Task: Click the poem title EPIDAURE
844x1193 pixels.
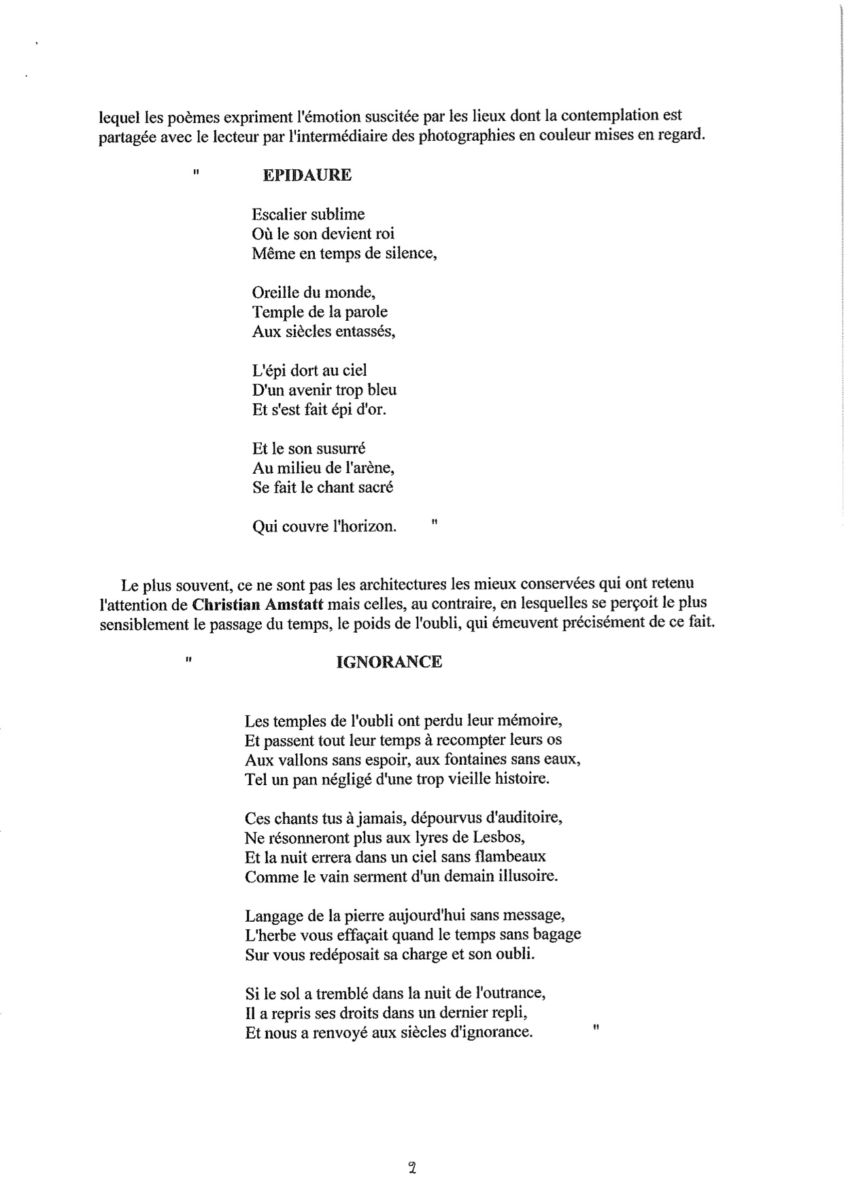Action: click(307, 175)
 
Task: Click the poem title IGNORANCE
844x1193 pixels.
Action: click(389, 661)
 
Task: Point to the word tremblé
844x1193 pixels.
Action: click(343, 992)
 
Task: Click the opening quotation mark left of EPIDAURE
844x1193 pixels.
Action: click(196, 173)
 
